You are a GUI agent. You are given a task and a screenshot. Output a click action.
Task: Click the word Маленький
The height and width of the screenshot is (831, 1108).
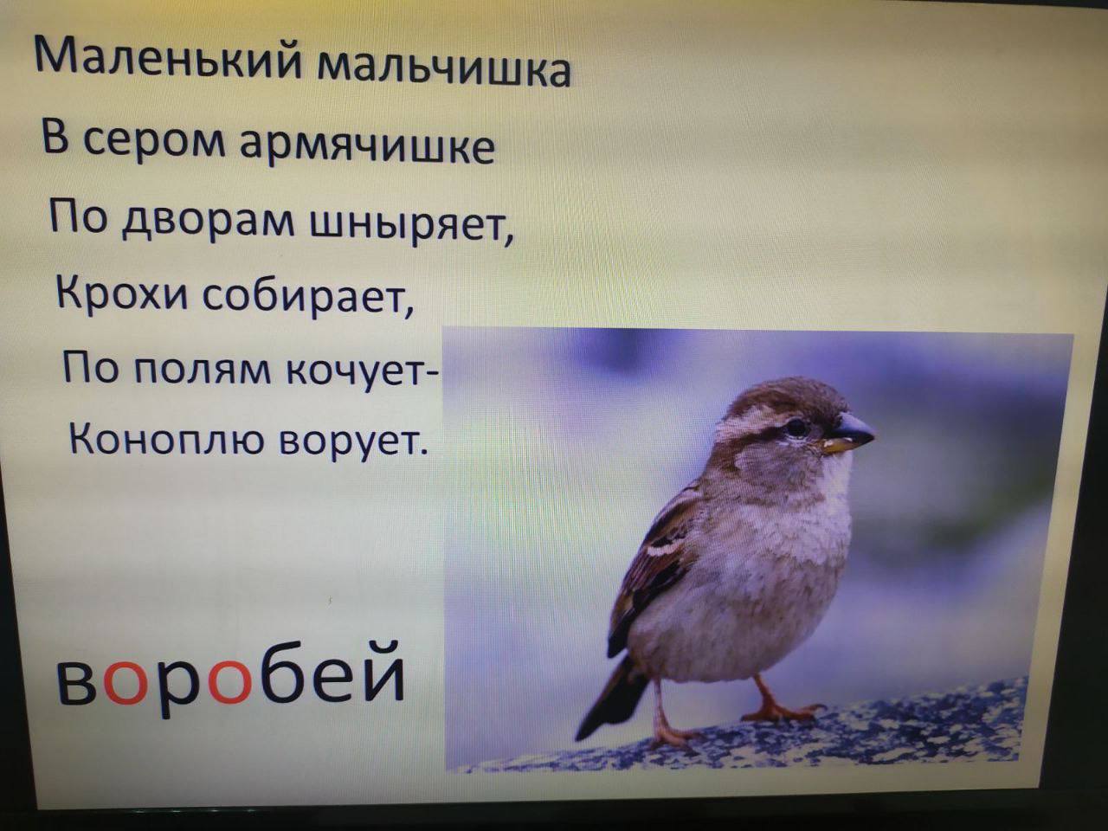pos(168,59)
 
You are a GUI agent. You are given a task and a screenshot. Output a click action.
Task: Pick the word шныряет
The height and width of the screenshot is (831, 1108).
pos(411,227)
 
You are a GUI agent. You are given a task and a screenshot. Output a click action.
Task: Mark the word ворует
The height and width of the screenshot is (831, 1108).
pos(353,440)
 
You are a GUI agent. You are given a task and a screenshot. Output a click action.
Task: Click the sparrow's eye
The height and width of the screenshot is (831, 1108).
pos(796,427)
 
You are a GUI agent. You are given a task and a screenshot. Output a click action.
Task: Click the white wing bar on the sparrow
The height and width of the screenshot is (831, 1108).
pos(663,549)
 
